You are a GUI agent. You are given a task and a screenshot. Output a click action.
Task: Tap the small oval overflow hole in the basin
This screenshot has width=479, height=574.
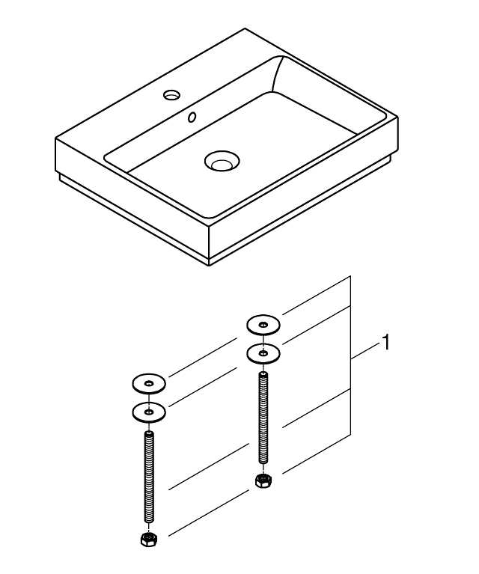(x=193, y=117)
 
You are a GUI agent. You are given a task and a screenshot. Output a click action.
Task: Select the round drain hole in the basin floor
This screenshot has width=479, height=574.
(x=221, y=160)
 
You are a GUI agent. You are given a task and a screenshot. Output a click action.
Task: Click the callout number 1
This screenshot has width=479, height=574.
(x=385, y=344)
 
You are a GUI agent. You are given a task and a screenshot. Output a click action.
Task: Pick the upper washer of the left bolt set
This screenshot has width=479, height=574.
(x=149, y=385)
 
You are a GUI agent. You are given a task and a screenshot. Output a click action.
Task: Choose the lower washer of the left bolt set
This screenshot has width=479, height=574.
(x=149, y=412)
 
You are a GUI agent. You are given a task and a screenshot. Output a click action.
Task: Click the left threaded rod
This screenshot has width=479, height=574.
(x=149, y=479)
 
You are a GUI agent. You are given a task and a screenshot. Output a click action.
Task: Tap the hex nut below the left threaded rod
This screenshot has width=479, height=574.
(x=149, y=539)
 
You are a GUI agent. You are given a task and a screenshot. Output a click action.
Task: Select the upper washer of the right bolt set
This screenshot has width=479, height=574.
(x=263, y=325)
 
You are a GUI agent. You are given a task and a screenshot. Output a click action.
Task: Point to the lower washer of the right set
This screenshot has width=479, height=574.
(x=263, y=352)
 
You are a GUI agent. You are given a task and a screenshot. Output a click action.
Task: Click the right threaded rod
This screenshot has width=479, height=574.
(x=263, y=419)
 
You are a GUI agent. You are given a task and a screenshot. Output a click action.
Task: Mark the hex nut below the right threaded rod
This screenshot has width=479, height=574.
(x=263, y=480)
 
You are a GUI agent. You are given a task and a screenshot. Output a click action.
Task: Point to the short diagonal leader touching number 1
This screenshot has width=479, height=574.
(x=367, y=352)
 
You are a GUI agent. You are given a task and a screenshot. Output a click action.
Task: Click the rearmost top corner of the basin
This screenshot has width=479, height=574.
(x=245, y=29)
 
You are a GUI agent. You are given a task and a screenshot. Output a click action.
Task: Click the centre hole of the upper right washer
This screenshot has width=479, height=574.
(x=263, y=325)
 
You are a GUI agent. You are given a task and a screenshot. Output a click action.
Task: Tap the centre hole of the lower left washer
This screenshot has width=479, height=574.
(x=149, y=412)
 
